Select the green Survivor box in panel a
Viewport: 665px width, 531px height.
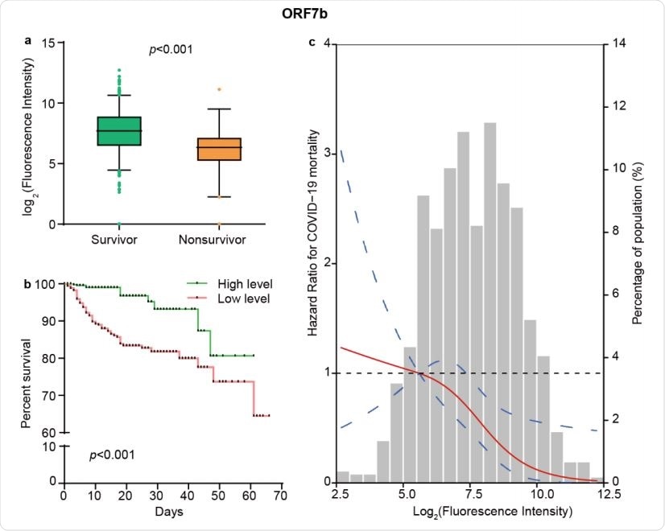119,131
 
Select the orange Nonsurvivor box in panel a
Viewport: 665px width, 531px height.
219,150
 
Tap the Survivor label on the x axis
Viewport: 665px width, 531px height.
119,240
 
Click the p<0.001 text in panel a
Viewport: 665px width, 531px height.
171,50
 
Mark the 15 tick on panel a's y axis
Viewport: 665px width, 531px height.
48,43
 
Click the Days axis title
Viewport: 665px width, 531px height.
171,512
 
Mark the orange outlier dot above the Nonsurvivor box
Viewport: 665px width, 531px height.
219,89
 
